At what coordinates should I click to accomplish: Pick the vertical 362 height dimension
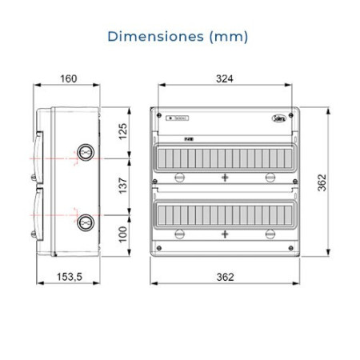pos(320,183)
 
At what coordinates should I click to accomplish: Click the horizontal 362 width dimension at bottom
pos(225,277)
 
